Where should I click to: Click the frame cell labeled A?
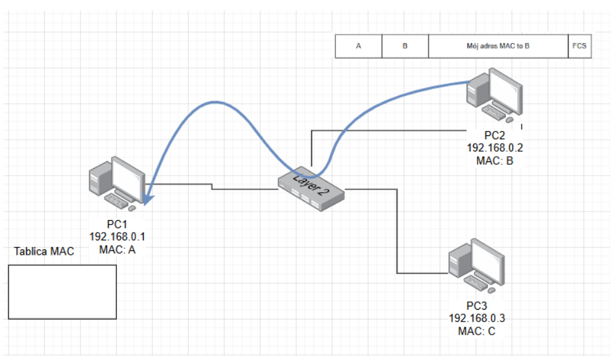[x=358, y=47]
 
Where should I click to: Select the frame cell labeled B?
[x=405, y=47]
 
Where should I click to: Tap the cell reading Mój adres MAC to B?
[x=498, y=47]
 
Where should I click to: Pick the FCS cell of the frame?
[x=579, y=47]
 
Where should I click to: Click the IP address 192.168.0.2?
[x=495, y=148]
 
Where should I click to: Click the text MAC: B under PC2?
[x=495, y=161]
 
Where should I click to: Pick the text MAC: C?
[x=477, y=331]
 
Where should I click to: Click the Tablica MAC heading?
[x=44, y=252]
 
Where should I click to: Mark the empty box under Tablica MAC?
[x=63, y=292]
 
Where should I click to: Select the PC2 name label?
[x=495, y=136]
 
